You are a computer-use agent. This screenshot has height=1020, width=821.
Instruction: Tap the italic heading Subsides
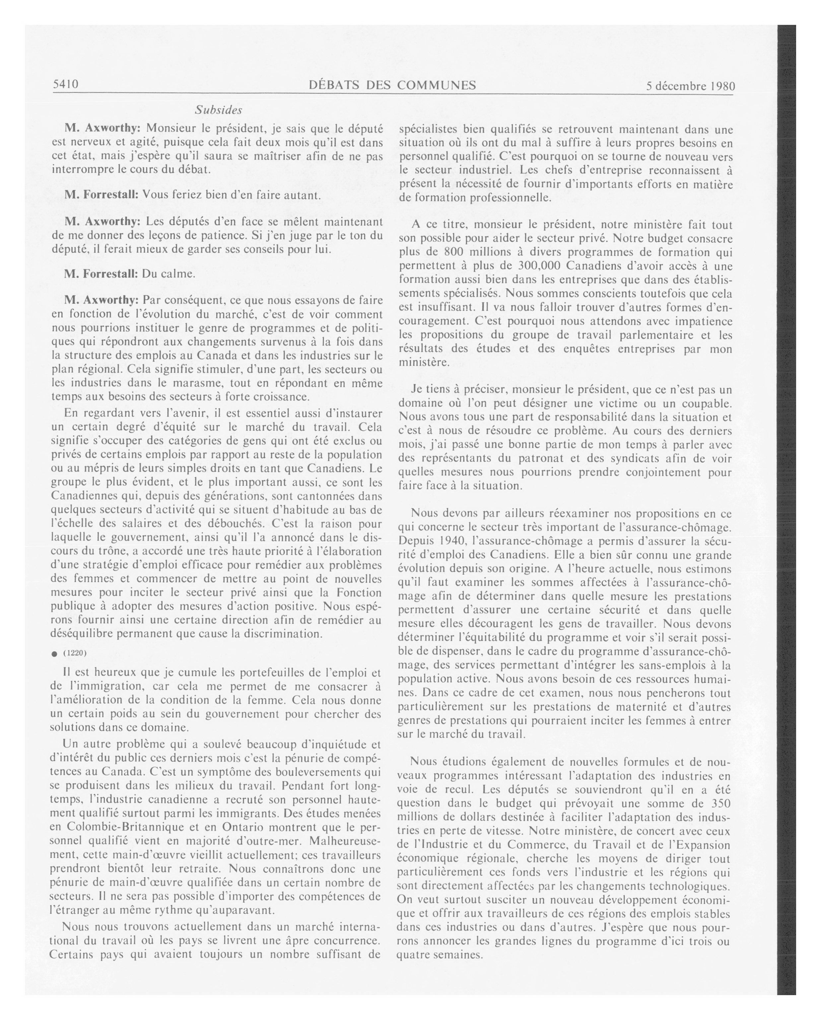(218, 110)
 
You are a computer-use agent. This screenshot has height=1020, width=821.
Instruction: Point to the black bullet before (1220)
(54, 654)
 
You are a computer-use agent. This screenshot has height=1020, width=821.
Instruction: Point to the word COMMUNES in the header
(436, 85)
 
